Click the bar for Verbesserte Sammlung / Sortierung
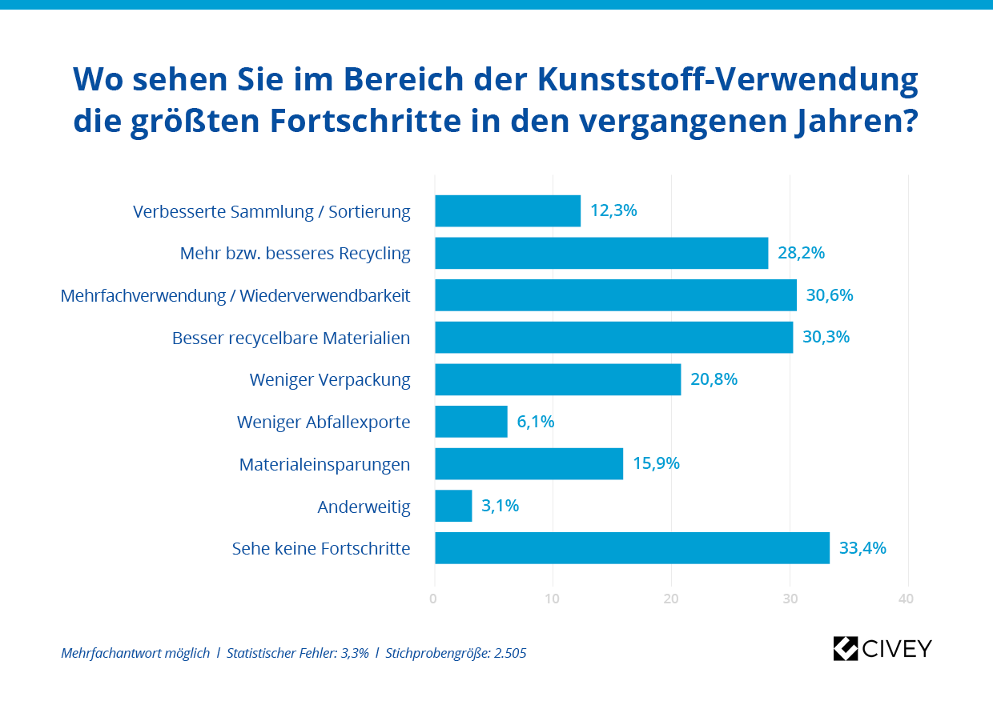point(508,211)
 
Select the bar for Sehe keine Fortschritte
point(632,548)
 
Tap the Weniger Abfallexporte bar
point(471,422)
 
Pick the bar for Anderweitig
point(453,506)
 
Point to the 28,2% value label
point(801,254)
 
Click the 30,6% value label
point(830,295)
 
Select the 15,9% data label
point(656,463)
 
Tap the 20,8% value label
point(714,379)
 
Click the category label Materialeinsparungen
point(324,464)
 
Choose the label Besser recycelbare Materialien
point(291,338)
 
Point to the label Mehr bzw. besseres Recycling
point(295,254)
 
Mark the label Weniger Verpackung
point(330,379)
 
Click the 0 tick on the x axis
point(434,599)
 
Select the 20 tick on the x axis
point(671,599)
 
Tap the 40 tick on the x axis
point(907,599)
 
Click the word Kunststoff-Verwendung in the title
point(727,79)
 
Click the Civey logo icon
point(846,648)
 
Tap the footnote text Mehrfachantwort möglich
point(135,653)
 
